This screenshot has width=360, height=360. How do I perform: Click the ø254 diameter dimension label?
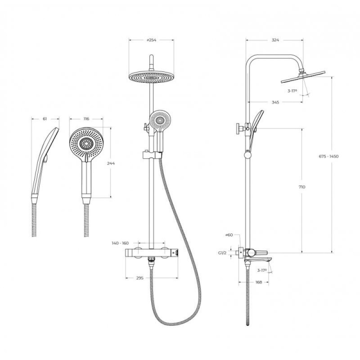pyautogui.click(x=151, y=40)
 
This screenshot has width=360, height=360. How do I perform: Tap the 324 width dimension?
pyautogui.click(x=275, y=40)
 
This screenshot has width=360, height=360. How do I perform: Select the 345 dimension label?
pyautogui.click(x=275, y=102)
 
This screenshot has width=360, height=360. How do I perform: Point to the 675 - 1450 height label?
pyautogui.click(x=328, y=156)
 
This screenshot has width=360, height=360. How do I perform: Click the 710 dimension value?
pyautogui.click(x=302, y=187)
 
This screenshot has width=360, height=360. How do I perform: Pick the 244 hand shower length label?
pyautogui.click(x=111, y=163)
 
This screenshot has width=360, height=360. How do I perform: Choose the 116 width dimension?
pyautogui.click(x=86, y=119)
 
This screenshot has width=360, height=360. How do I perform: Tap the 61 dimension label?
pyautogui.click(x=45, y=119)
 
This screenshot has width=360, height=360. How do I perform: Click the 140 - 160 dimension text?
pyautogui.click(x=120, y=243)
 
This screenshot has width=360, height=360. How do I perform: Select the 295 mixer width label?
pyautogui.click(x=140, y=278)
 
